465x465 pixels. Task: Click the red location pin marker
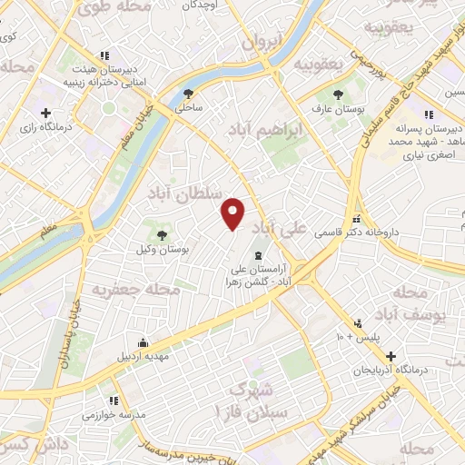pos(234,213)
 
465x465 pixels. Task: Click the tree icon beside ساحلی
pos(189,93)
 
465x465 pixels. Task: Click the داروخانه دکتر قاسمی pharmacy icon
pos(358,219)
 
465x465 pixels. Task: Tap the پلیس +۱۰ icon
pos(360,322)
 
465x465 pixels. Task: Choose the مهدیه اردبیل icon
pos(142,342)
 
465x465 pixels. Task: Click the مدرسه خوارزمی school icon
pos(113,401)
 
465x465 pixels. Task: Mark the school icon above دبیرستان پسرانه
pos(429,115)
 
